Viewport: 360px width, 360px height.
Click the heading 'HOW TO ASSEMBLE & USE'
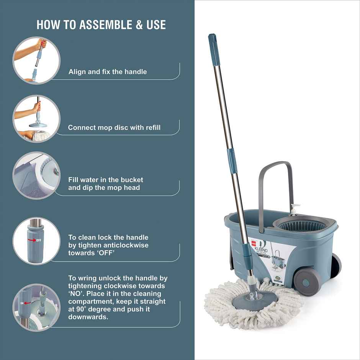click(101, 25)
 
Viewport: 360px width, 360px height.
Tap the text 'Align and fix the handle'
click(108, 72)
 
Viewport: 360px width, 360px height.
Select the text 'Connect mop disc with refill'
click(114, 128)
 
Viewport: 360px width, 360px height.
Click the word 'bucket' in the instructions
click(132, 180)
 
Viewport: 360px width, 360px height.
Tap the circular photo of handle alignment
click(36, 60)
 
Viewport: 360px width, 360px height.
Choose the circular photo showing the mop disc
click(37, 119)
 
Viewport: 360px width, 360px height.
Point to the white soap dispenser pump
click(295, 209)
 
